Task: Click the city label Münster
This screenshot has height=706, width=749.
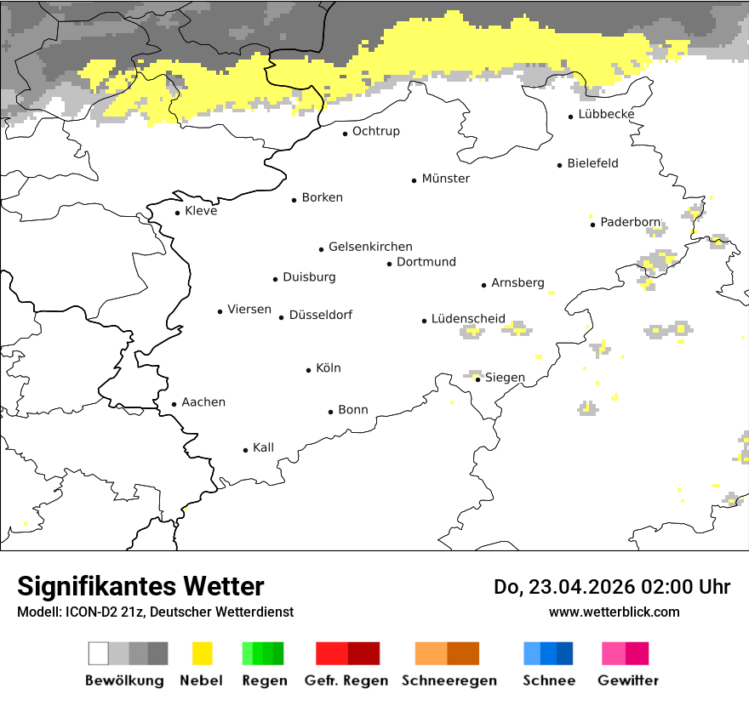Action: pos(445,179)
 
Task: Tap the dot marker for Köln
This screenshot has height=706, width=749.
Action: pos(309,370)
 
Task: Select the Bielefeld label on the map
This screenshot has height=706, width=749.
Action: pos(592,163)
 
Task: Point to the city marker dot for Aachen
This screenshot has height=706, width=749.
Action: pos(174,405)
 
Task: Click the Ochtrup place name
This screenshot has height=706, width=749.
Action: pos(375,131)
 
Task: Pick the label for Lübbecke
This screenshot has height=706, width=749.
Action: pos(606,114)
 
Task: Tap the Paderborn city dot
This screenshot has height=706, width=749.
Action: pos(592,225)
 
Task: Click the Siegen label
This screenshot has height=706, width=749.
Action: pos(505,378)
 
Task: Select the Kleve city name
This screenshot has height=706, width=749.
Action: pos(201,211)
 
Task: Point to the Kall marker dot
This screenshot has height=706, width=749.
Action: pos(246,450)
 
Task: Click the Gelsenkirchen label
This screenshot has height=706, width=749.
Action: pos(370,247)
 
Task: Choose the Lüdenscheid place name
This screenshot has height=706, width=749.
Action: pos(468,319)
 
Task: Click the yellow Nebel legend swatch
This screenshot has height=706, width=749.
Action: pos(203,653)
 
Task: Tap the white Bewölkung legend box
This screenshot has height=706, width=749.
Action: pos(99,653)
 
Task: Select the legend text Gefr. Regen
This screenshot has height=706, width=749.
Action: pos(346,680)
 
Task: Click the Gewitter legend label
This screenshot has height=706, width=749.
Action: pos(628,680)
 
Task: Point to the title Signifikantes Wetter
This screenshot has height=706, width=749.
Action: pos(140,587)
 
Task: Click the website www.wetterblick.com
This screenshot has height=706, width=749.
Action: pos(615,612)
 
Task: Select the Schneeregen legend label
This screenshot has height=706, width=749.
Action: pos(449,680)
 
